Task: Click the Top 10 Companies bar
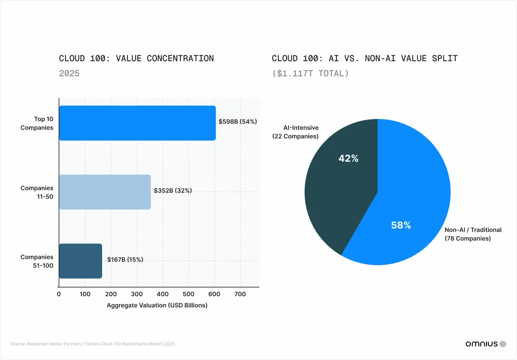tap(137, 123)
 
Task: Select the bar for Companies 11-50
tap(105, 192)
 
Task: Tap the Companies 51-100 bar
tap(81, 261)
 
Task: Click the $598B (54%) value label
tap(238, 122)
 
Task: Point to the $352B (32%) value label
tap(173, 191)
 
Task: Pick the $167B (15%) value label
tap(125, 260)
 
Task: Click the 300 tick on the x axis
tap(137, 294)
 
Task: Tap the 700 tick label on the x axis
tap(240, 294)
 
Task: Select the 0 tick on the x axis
tap(59, 294)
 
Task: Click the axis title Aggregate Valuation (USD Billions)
tap(157, 305)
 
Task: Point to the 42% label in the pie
tap(348, 159)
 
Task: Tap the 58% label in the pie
tap(401, 225)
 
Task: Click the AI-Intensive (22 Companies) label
tap(295, 132)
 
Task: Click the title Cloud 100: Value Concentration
tap(136, 58)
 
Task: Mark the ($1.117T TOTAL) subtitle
tap(310, 73)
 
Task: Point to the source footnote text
tap(93, 344)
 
